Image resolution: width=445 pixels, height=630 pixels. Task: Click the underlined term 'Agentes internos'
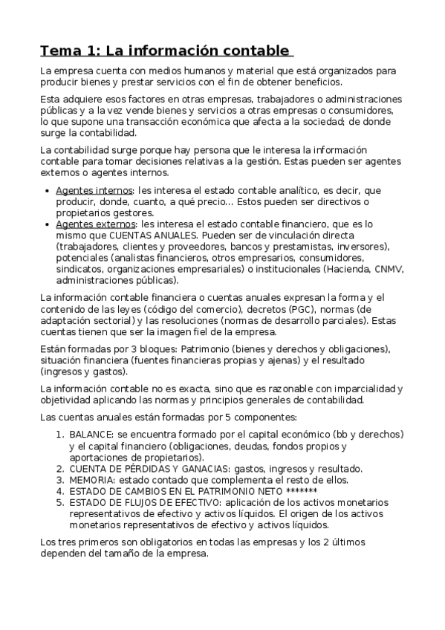point(92,190)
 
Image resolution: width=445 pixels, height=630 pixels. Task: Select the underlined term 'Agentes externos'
point(94,224)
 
